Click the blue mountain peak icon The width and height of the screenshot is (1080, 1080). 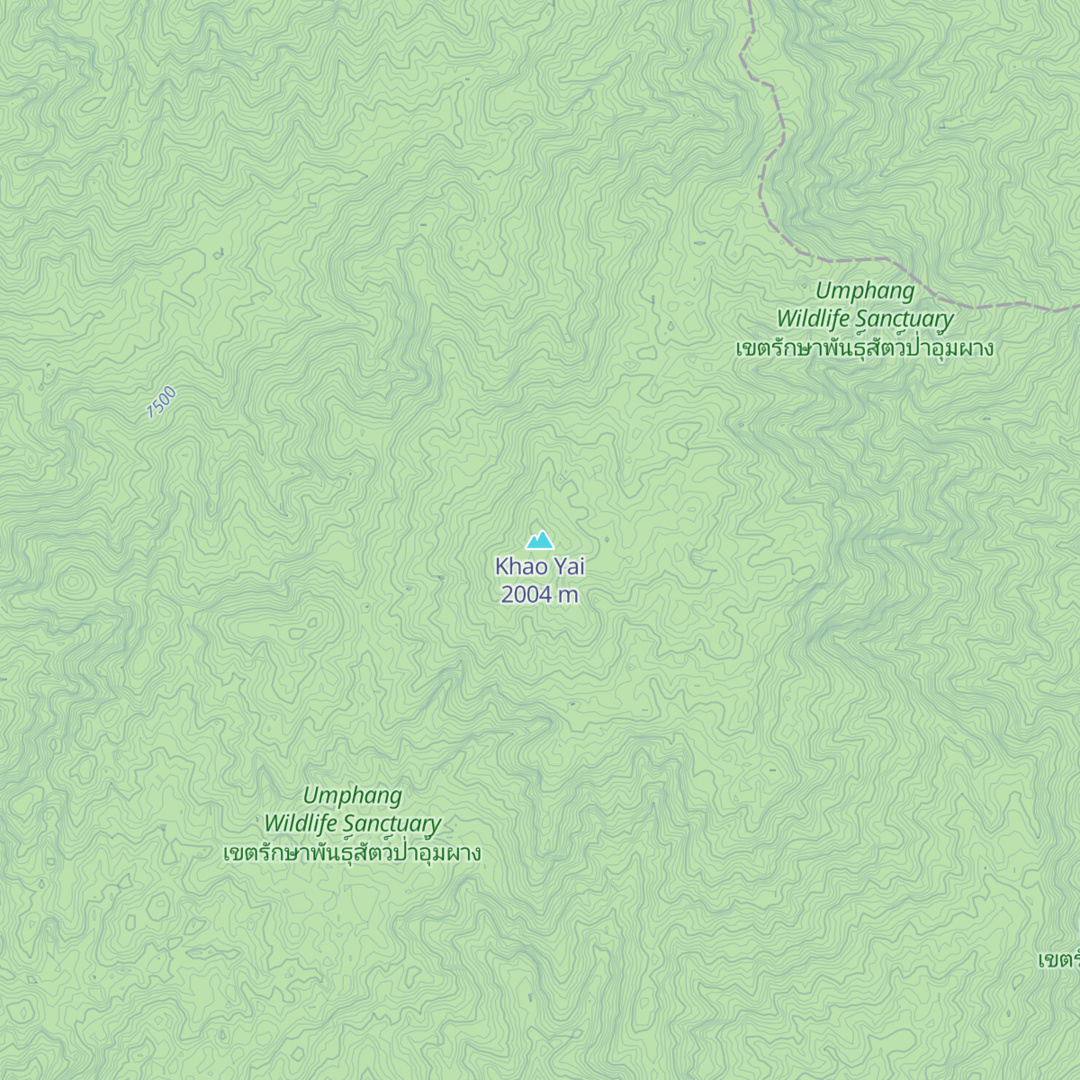coord(540,540)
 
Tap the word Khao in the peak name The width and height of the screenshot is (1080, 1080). coord(517,566)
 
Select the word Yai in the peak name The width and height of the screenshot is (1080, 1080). coord(569,566)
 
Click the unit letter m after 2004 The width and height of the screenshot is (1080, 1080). coord(569,596)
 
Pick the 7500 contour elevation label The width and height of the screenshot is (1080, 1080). coord(162,401)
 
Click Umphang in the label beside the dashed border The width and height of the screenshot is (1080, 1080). coord(865,291)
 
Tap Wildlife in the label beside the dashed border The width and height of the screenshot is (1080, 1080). coord(814,319)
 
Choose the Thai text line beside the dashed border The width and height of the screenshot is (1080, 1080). coord(865,348)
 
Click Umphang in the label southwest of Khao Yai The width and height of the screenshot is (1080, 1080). coord(352,796)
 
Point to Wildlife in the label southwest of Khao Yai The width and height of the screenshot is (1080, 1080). coord(301,823)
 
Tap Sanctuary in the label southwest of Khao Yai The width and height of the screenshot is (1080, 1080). coord(391,824)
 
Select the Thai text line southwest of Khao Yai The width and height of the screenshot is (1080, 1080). coord(352,853)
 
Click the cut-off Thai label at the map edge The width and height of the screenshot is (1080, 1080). coord(1059,960)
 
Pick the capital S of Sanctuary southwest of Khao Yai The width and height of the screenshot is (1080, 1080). coord(349,823)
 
